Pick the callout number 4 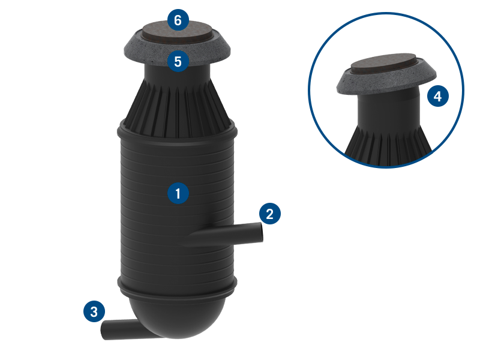tap(438, 96)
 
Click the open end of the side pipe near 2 tap(262, 233)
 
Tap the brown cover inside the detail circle tap(384, 65)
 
